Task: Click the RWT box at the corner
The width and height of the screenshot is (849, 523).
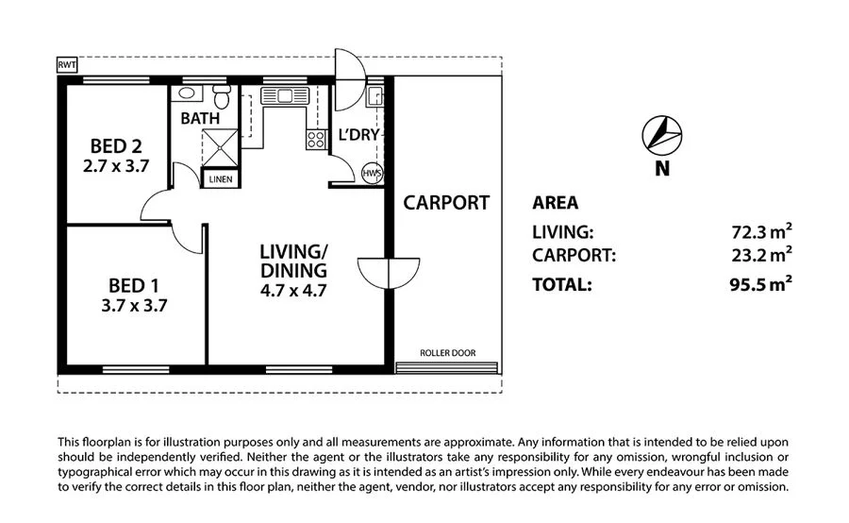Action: [x=67, y=65]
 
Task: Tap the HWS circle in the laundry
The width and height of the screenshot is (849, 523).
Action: [x=373, y=174]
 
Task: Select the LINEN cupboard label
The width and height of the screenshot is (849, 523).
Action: [x=221, y=178]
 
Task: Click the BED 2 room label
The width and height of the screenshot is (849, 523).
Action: [x=116, y=145]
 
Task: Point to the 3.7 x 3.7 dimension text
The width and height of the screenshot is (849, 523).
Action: [x=134, y=306]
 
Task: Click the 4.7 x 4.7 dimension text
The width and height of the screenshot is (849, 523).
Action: [x=293, y=291]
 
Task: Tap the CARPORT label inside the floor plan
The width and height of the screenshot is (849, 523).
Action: [x=446, y=203]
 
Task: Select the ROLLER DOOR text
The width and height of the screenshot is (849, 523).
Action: [x=448, y=353]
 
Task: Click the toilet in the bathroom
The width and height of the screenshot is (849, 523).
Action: [x=222, y=96]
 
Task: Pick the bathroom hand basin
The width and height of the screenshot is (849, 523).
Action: [x=187, y=93]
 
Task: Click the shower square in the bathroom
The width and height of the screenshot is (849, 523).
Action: [x=220, y=147]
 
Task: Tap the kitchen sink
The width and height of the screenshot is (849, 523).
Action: [x=284, y=96]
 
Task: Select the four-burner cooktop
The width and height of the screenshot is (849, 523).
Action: [x=316, y=140]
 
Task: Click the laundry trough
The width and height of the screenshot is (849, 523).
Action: [x=375, y=97]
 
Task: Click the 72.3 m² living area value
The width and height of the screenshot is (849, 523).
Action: [x=761, y=231]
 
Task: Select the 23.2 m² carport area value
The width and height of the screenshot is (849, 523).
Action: [x=761, y=254]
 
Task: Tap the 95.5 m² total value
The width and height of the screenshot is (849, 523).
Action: [x=760, y=284]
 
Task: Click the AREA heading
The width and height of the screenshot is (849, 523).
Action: [x=555, y=203]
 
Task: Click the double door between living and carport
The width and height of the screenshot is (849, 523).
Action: [x=389, y=273]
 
